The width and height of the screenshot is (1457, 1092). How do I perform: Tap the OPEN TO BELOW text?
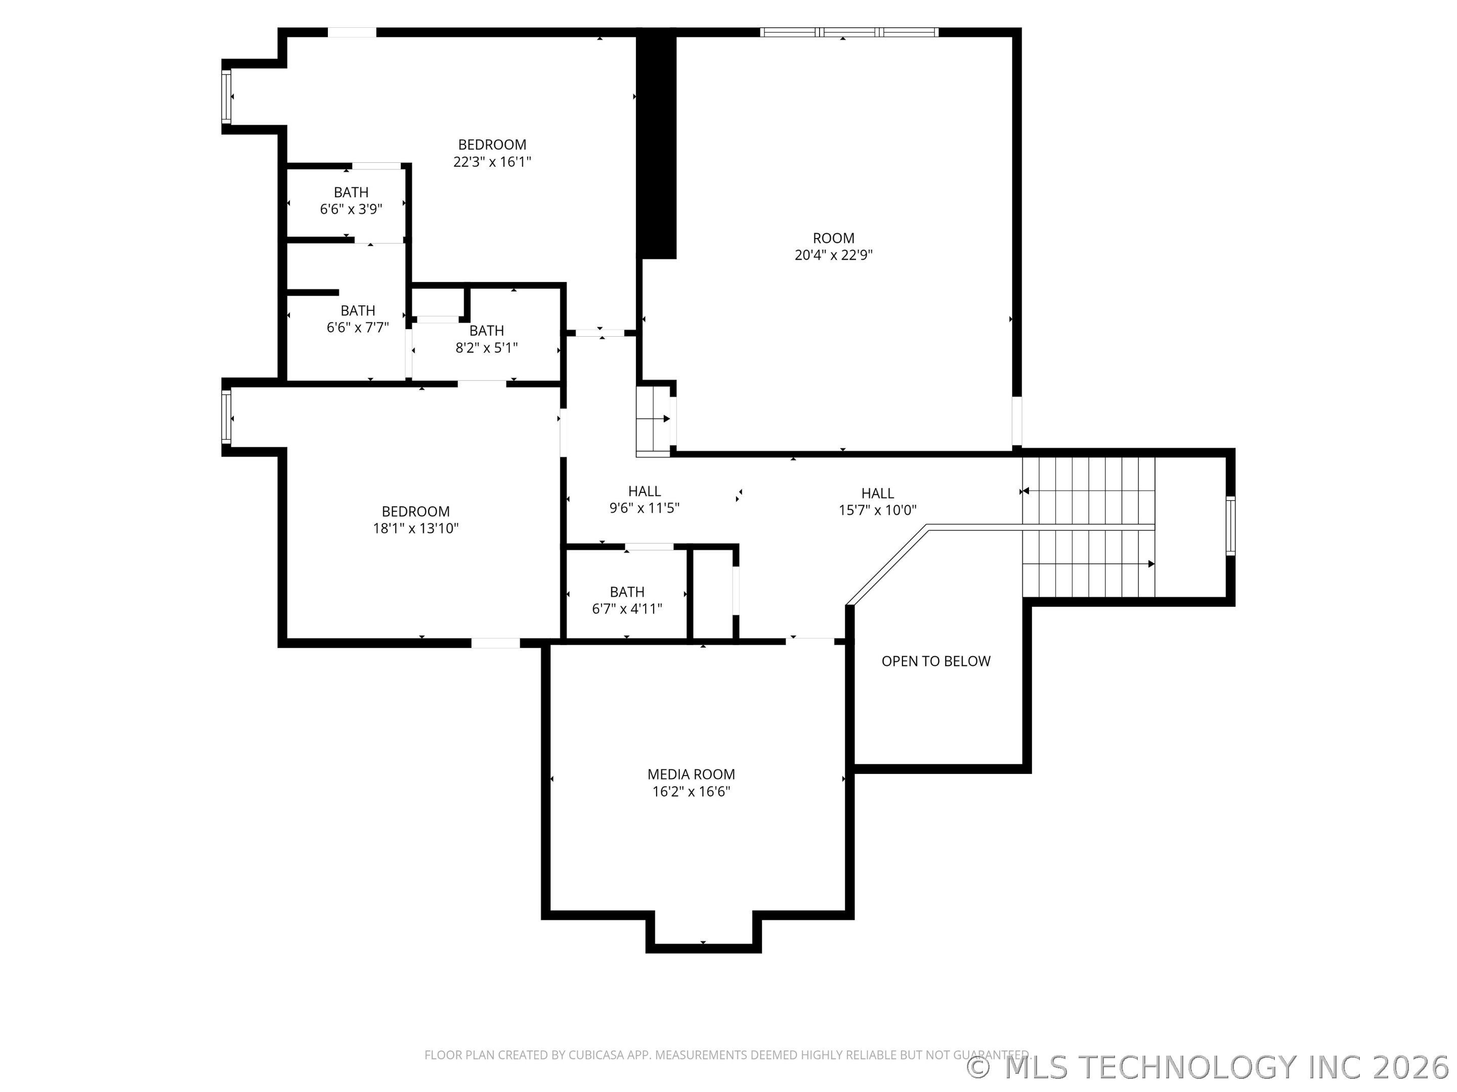point(935,661)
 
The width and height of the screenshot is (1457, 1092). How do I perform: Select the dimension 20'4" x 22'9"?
point(833,255)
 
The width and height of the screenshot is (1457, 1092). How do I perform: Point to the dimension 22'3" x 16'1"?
point(492,162)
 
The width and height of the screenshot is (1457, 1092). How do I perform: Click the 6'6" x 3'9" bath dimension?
point(351,209)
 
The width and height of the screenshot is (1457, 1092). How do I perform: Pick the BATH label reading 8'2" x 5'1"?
point(486,331)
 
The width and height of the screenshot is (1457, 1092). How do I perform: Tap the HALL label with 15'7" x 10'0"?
point(877,493)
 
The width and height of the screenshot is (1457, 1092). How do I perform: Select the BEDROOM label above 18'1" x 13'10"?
point(416,512)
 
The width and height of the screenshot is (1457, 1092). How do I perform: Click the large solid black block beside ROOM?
point(657,145)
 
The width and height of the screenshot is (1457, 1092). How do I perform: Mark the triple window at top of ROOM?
point(848,31)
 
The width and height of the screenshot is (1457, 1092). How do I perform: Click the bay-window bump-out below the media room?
point(703,929)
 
